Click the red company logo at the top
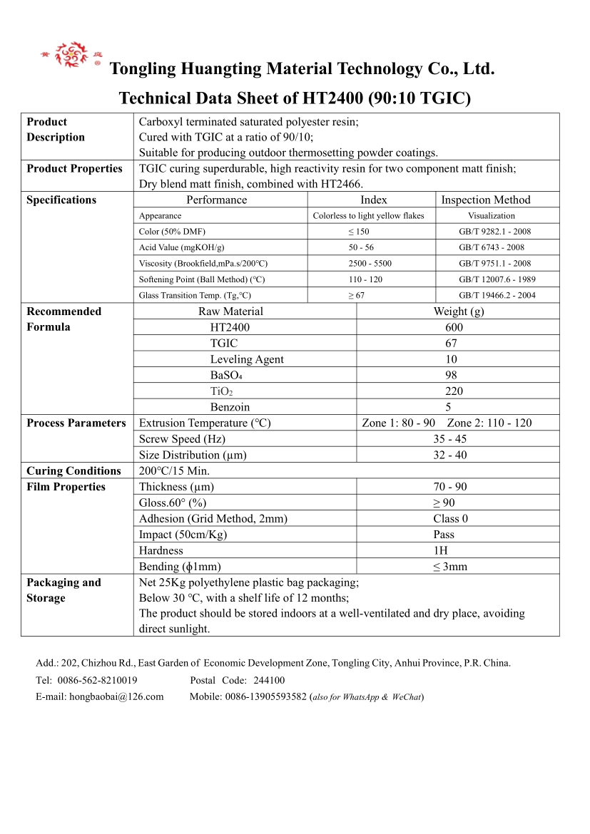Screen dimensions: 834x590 click(71, 54)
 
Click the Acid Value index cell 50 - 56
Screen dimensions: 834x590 click(361, 247)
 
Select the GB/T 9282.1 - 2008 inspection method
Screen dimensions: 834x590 click(494, 232)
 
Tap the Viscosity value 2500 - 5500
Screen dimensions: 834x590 click(370, 264)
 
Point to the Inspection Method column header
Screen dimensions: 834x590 click(486, 200)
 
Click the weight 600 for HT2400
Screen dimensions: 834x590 click(454, 327)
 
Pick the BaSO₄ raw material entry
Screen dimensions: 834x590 click(226, 375)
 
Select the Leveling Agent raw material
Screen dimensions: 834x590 click(246, 359)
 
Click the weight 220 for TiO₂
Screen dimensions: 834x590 click(454, 391)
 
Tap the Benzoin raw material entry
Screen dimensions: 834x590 click(230, 407)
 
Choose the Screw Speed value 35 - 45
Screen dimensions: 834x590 click(449, 439)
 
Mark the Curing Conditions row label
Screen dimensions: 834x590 click(73, 471)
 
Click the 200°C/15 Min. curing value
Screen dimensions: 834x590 click(174, 471)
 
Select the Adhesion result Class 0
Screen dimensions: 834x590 click(450, 519)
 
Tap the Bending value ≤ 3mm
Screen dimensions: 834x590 click(449, 567)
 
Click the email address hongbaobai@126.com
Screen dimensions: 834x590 click(116, 696)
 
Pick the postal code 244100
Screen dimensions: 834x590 click(269, 680)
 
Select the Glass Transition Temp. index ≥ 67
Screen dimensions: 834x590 click(356, 295)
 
